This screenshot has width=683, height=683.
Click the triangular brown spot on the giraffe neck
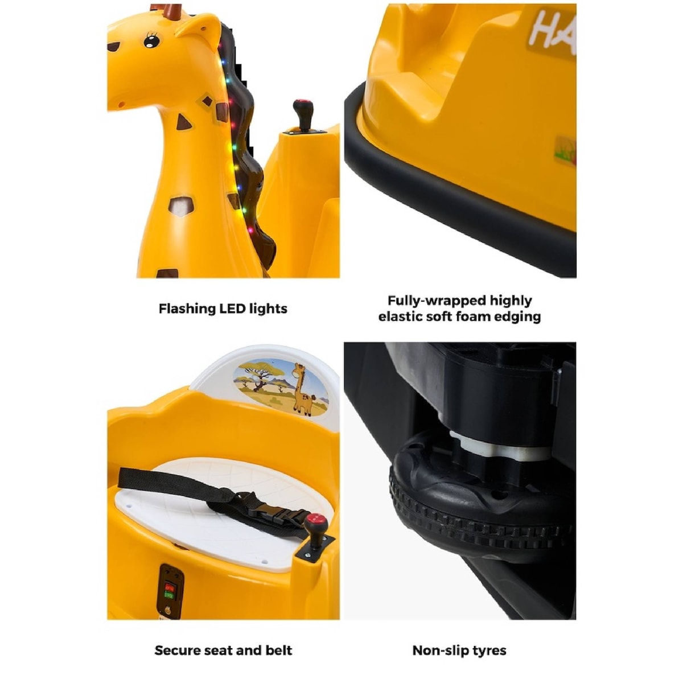click(183, 122)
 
